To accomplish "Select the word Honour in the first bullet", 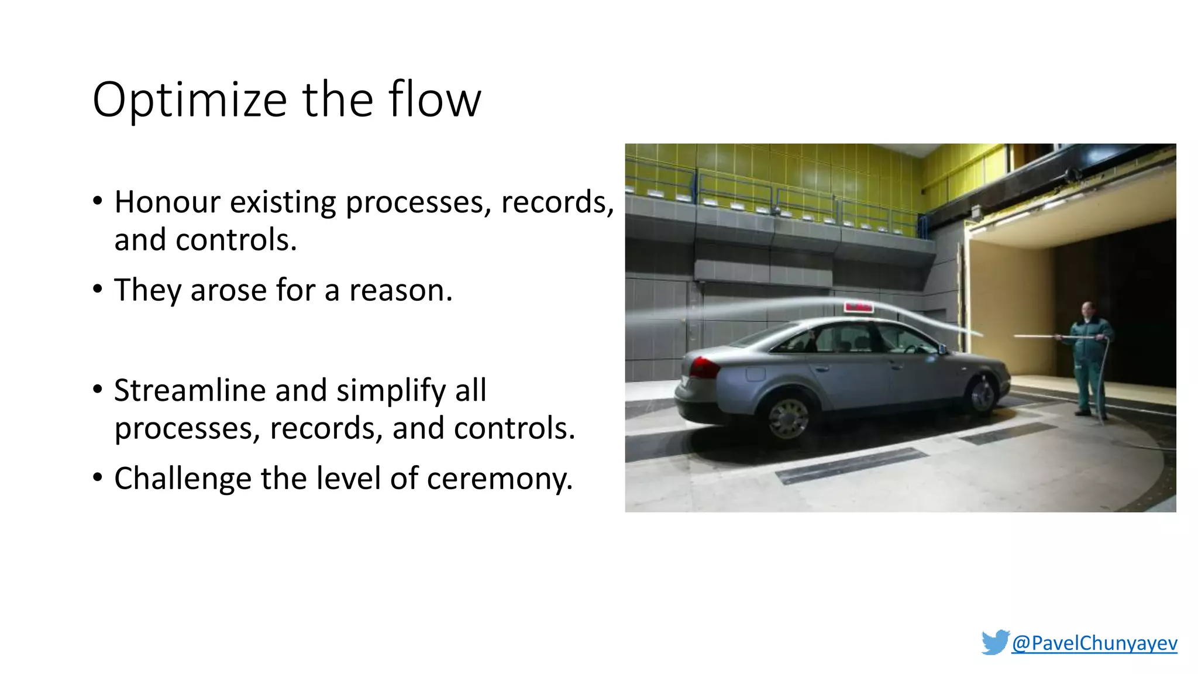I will click(x=167, y=202).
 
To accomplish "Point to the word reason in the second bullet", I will click(x=400, y=290).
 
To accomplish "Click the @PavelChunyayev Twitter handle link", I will click(x=1094, y=643).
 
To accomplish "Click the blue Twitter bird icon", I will click(x=995, y=642).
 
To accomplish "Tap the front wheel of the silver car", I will click(x=983, y=395).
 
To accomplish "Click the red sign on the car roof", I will click(x=858, y=307).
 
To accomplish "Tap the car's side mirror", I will click(x=942, y=349).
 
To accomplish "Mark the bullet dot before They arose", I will click(x=98, y=290).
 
